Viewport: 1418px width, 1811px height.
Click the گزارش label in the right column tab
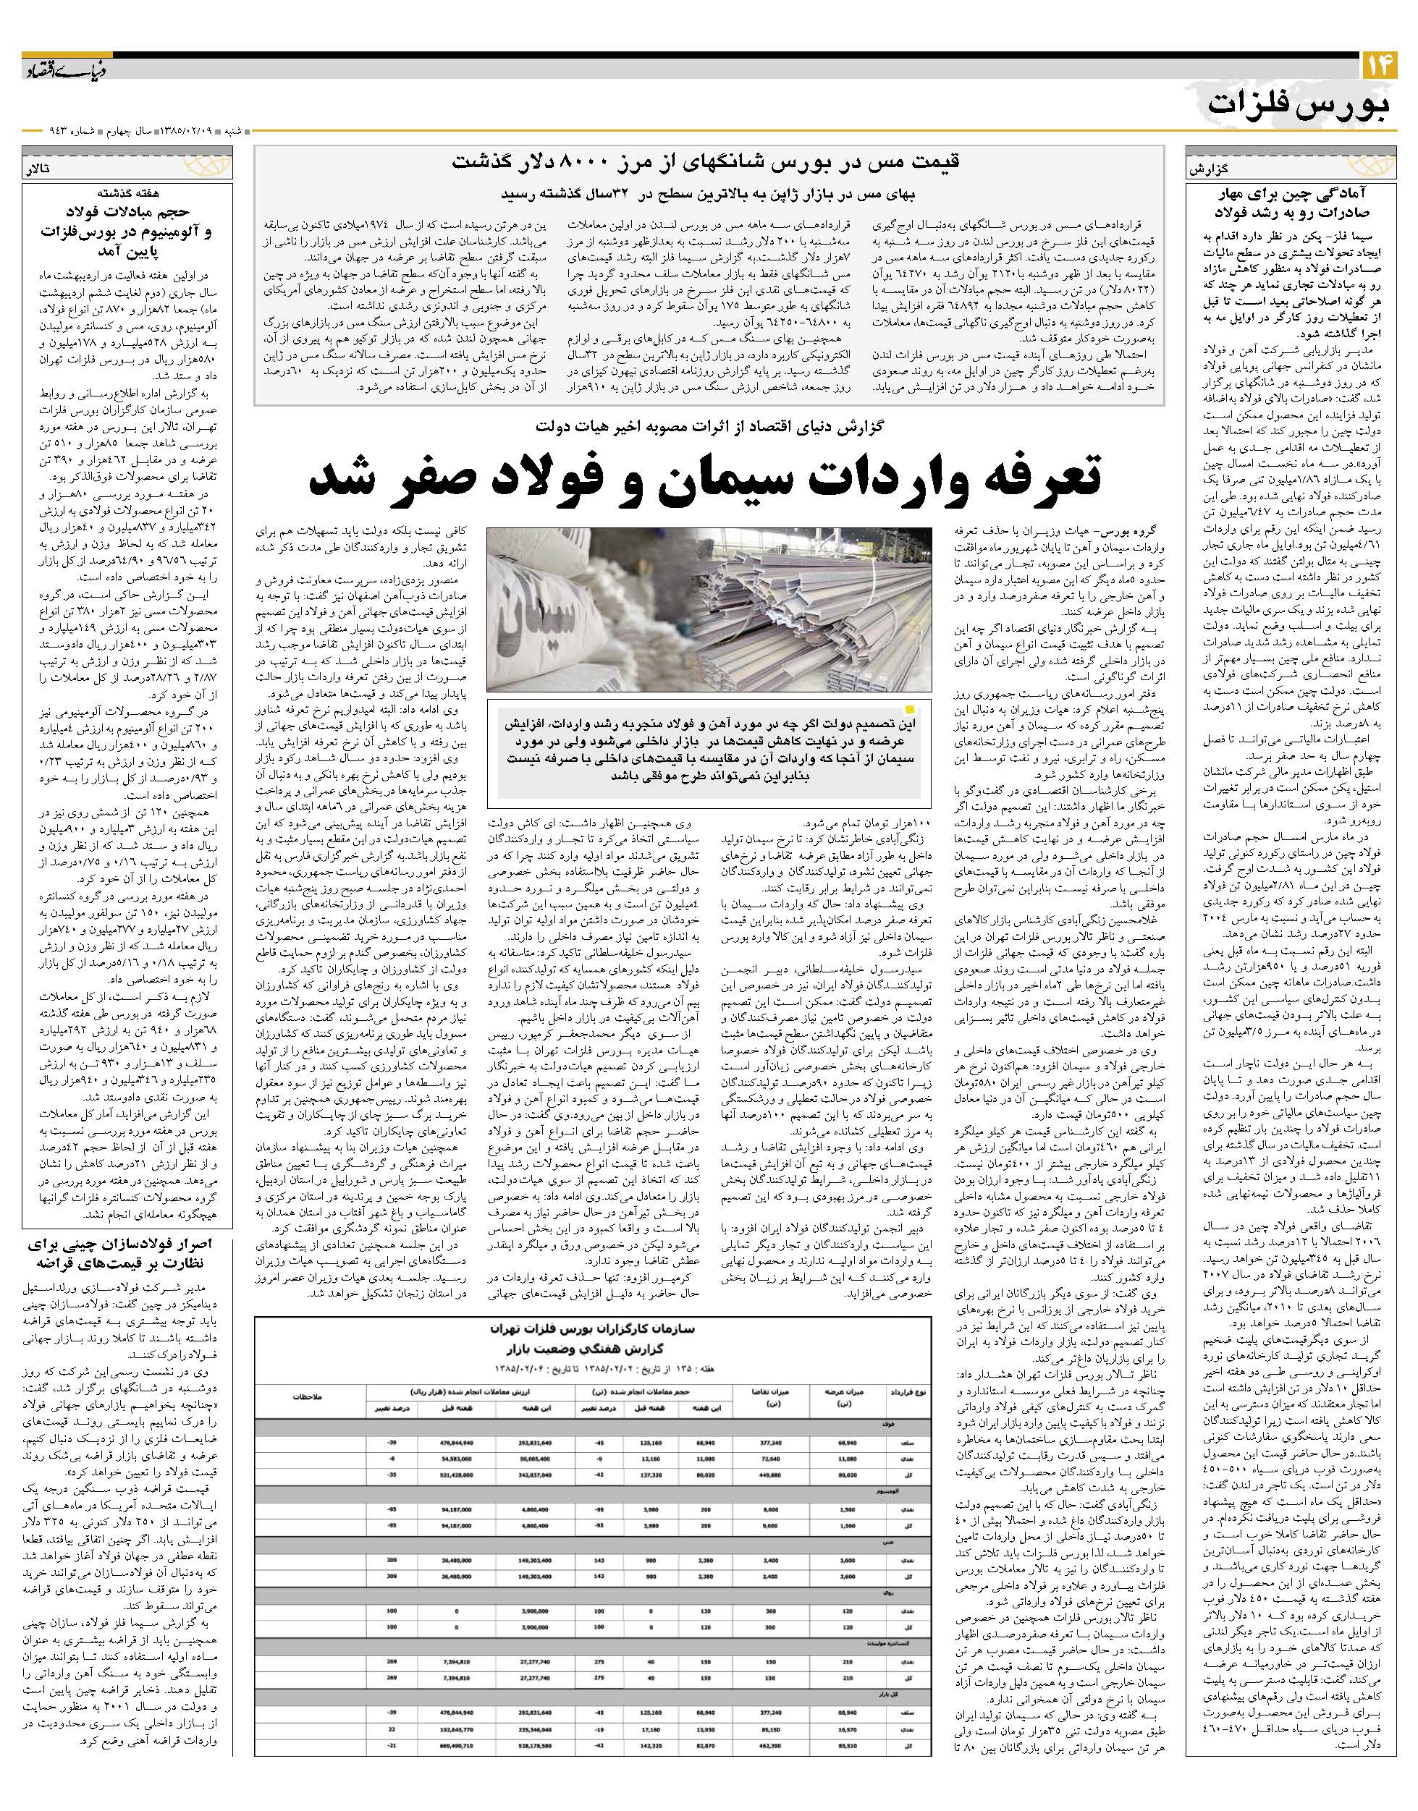(x=1209, y=167)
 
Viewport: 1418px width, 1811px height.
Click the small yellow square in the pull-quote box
(x=911, y=711)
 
